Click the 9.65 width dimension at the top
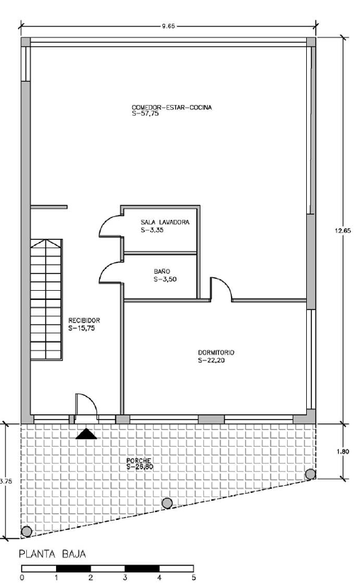pos(168,26)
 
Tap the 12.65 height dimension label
pos(343,231)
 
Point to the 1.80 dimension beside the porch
pos(342,452)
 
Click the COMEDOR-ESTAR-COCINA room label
pos(171,108)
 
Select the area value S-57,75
pos(145,113)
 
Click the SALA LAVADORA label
pos(165,222)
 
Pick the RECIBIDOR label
pos(84,321)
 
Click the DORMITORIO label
pos(216,352)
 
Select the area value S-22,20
pos(211,360)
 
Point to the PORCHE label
pos(139,461)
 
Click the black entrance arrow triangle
pos(86,434)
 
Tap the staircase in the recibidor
pos(46,299)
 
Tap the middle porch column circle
pos(167,504)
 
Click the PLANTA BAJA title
pos(52,554)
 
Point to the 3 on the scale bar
pos(125,578)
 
